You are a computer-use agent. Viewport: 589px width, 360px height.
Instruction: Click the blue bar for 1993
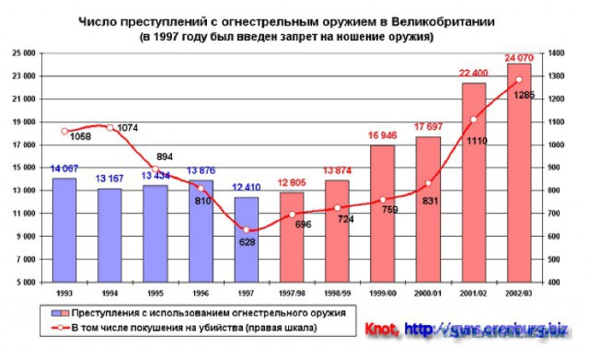click(64, 229)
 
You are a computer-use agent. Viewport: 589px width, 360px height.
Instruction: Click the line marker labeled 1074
click(110, 127)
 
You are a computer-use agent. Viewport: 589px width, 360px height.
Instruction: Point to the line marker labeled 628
click(246, 230)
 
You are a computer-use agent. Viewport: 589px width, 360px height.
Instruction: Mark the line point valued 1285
click(519, 79)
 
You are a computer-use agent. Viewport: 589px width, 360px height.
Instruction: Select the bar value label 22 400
click(474, 75)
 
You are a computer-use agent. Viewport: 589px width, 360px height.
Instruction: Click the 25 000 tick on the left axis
click(24, 52)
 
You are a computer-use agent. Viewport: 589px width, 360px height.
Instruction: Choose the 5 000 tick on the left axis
click(26, 282)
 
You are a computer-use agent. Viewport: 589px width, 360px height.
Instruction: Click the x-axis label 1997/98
click(292, 292)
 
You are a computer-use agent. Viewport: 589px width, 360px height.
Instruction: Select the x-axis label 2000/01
click(428, 292)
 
